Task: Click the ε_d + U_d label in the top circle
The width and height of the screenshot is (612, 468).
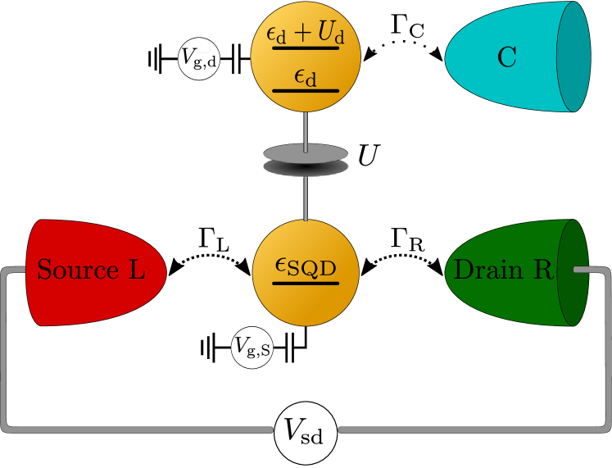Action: (305, 34)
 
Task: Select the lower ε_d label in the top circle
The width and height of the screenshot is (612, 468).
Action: (305, 76)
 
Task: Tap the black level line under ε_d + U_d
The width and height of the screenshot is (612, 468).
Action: (305, 48)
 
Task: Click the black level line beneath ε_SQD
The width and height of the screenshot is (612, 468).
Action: (305, 284)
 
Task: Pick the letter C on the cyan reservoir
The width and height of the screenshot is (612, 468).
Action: (507, 57)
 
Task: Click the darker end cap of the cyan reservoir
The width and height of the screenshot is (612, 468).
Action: (574, 57)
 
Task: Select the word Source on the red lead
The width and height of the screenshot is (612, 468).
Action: (78, 270)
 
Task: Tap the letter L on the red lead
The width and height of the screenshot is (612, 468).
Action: (136, 270)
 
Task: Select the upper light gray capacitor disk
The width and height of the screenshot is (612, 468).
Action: (306, 152)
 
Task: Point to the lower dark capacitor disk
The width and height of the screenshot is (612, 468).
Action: (306, 169)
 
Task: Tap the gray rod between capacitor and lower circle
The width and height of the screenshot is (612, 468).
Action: (306, 198)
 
